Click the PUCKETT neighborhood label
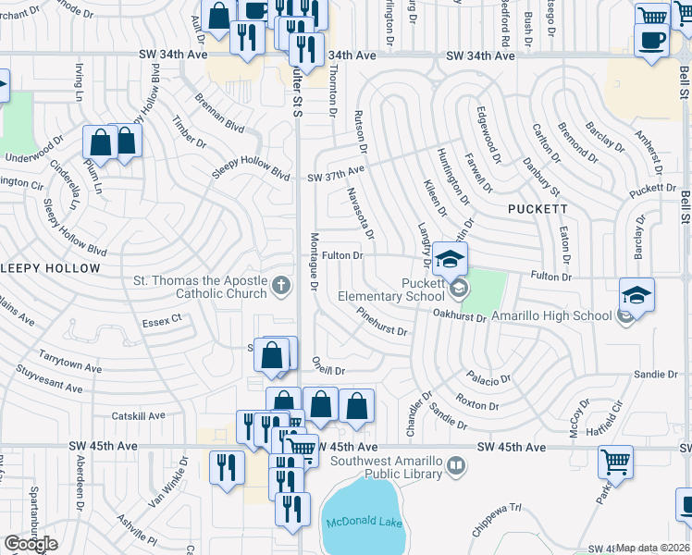point(538,209)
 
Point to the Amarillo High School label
point(550,315)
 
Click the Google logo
point(31,544)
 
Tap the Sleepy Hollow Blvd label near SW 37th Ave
point(251,171)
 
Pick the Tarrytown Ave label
point(70,362)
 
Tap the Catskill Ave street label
point(138,416)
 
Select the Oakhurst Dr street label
point(461,316)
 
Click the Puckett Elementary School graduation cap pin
point(450,259)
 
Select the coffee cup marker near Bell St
point(653,43)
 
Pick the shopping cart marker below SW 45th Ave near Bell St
point(615,462)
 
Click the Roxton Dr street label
point(478,405)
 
